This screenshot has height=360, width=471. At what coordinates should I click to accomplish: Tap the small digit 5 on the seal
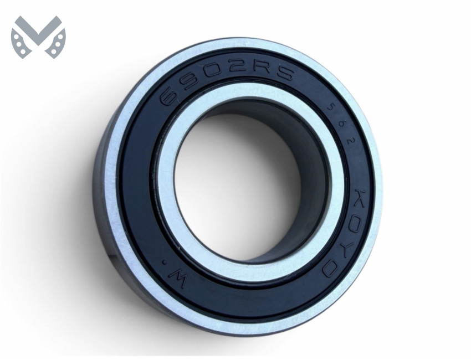[331, 106]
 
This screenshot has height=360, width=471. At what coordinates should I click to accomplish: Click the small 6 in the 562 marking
[342, 122]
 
